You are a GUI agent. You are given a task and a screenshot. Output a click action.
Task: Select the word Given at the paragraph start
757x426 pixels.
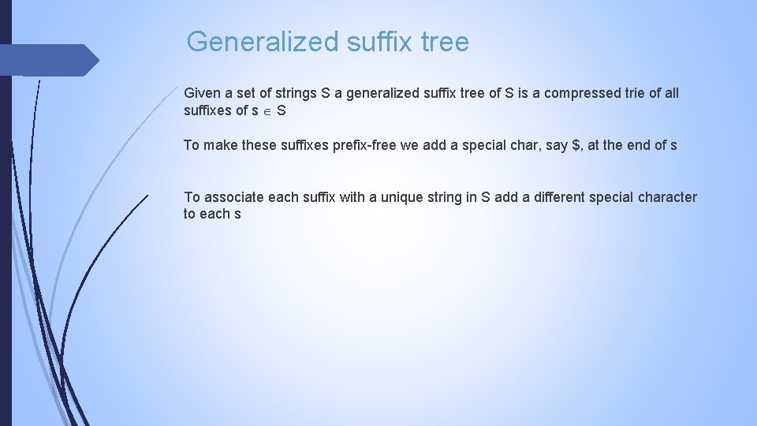coord(203,93)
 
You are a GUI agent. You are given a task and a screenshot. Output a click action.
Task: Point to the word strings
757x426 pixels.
coord(296,93)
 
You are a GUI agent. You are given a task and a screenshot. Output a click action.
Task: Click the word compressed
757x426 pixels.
coord(572,93)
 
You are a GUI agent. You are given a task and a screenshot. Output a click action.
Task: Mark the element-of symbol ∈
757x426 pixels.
coord(267,111)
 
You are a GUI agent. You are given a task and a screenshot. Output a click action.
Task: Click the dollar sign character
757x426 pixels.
coord(574,145)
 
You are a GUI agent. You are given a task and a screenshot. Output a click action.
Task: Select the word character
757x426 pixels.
coord(668,197)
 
